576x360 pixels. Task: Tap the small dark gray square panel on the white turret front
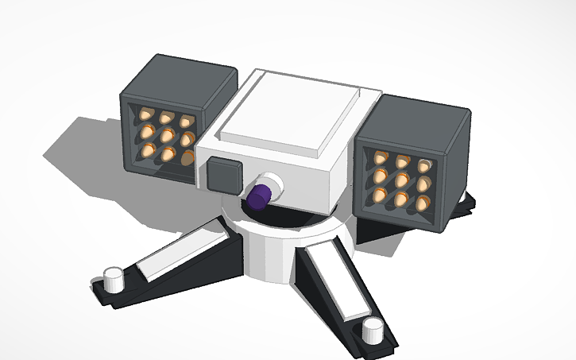point(223,176)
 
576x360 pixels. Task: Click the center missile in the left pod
point(167,136)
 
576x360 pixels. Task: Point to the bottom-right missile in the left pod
point(187,157)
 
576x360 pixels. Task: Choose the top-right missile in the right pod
point(426,167)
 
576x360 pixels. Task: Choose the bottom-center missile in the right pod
point(402,199)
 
